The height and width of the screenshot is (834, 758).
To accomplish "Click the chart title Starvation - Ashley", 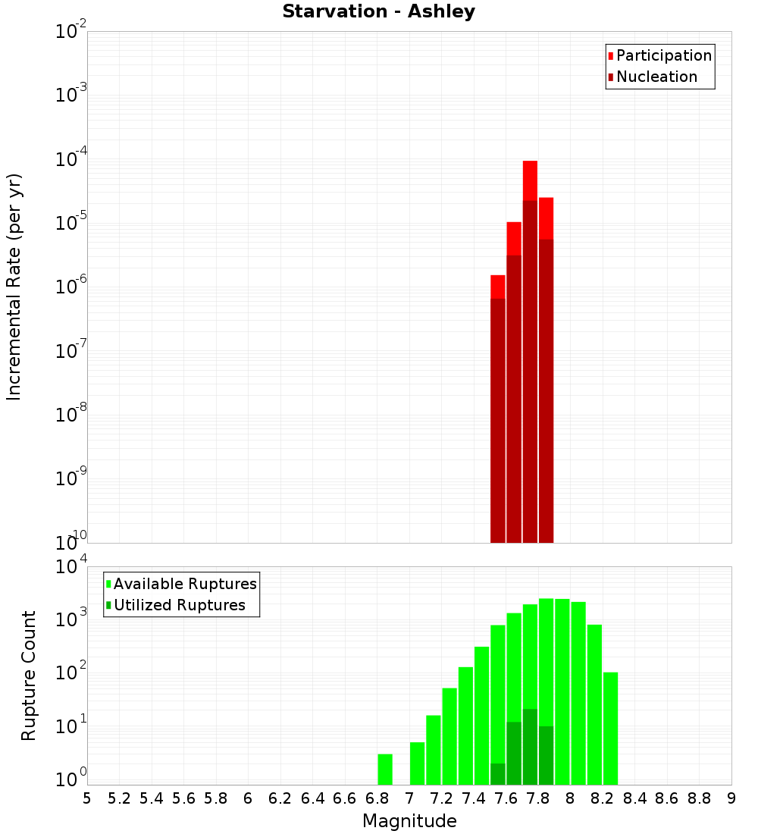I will coord(378,12).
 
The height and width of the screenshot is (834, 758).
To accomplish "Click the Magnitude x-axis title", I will coord(409,821).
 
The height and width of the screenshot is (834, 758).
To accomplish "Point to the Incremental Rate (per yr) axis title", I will coord(14,287).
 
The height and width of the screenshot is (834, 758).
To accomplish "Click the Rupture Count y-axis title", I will coord(29,676).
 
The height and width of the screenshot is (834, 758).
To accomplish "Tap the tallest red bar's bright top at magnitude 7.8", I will coord(530,180).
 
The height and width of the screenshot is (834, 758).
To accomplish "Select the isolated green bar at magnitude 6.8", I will coord(385,769).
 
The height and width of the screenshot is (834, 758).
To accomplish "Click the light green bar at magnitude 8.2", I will coord(594,704).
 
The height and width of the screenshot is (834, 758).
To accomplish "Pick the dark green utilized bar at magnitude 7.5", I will coord(498,773).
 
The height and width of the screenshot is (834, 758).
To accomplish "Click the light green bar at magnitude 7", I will coord(417,763).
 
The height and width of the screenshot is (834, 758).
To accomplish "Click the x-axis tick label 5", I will coord(87,798).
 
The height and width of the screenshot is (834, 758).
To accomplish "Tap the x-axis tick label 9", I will coord(731,798).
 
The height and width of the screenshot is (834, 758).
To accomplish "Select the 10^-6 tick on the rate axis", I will coord(70,287).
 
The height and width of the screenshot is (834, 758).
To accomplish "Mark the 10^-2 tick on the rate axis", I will coord(70,32).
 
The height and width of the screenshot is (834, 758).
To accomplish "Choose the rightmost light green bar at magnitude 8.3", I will coord(610,728).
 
